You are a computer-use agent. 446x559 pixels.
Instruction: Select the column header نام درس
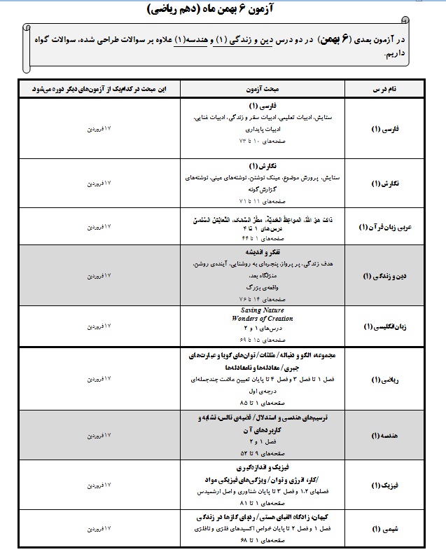[x=384, y=90]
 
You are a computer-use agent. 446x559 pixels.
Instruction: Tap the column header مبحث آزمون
[x=248, y=90]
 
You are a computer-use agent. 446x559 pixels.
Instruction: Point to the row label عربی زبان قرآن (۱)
[x=382, y=228]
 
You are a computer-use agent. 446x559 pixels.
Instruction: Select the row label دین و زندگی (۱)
[x=384, y=276]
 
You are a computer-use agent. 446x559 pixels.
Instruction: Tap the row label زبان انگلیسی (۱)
[x=384, y=326]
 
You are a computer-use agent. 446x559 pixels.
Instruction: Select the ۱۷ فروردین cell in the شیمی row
[x=98, y=530]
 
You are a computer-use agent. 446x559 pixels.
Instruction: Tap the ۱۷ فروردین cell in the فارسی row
[x=98, y=130]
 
